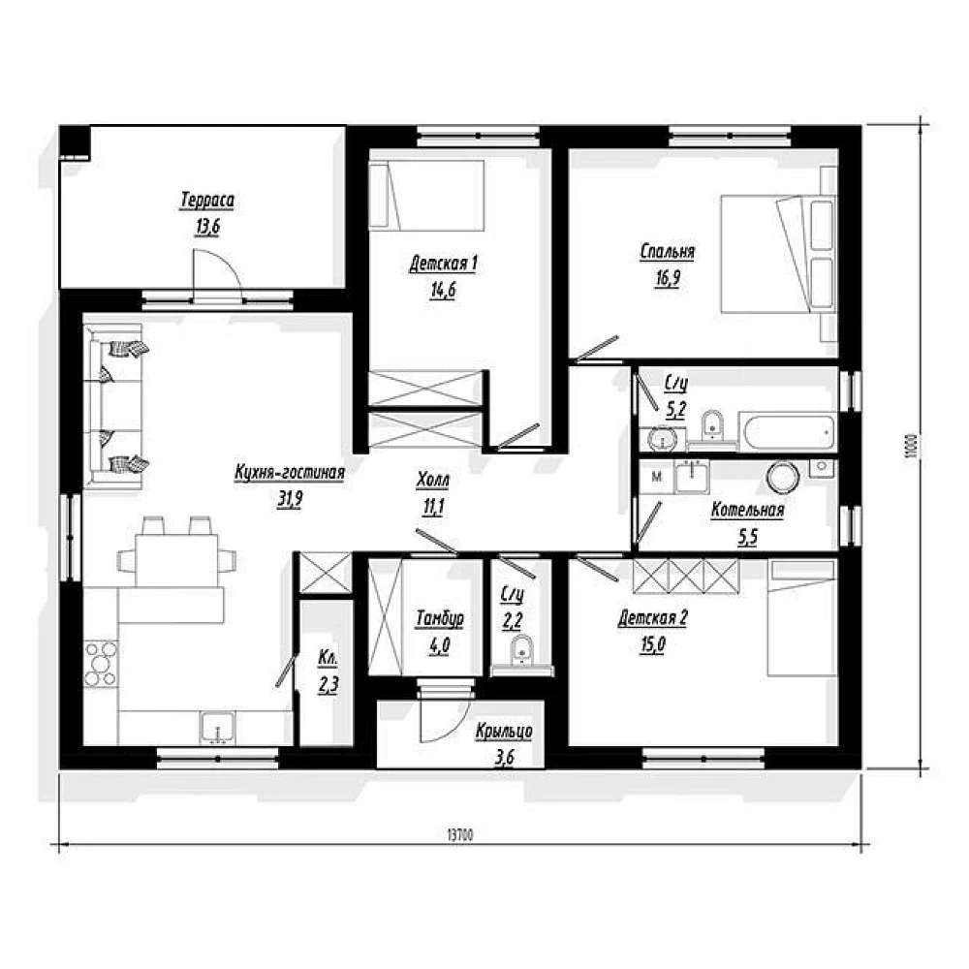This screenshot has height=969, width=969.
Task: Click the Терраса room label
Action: (x=207, y=201)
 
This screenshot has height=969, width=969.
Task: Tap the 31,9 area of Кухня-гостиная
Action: (x=289, y=499)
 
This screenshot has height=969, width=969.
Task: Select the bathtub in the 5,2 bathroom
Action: (x=788, y=432)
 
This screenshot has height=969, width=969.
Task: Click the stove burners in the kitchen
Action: (x=101, y=664)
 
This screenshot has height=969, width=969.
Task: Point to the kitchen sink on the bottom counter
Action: (x=217, y=727)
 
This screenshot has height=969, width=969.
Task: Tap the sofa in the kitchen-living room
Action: (x=114, y=407)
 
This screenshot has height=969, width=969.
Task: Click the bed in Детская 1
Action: (x=426, y=196)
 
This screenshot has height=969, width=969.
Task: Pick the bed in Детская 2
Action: (x=802, y=618)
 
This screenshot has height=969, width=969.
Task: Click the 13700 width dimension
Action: (x=459, y=835)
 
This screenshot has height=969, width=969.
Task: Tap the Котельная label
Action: (x=747, y=511)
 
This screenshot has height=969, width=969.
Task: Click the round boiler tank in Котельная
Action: (x=783, y=477)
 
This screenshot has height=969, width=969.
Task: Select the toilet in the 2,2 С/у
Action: (x=522, y=651)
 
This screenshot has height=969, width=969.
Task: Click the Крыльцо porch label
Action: (x=504, y=731)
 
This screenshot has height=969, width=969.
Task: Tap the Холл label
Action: (x=432, y=480)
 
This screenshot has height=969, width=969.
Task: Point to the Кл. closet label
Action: (x=328, y=659)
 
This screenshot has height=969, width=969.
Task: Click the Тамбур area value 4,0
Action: (x=439, y=646)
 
